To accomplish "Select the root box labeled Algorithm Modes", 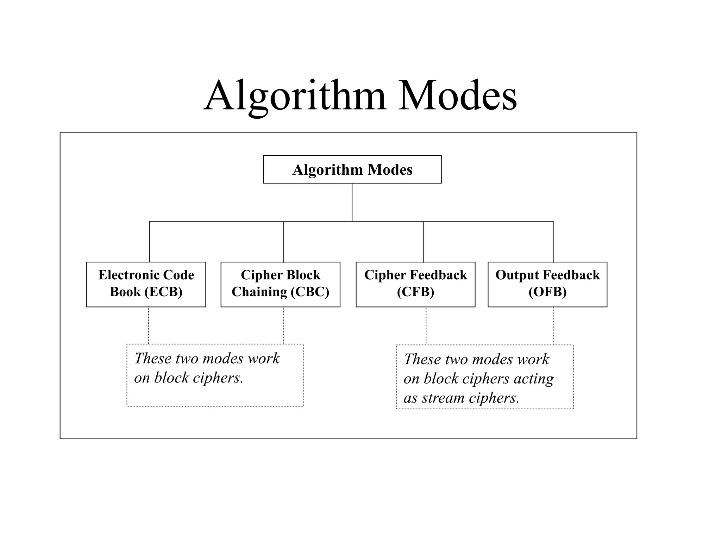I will pos(352,169).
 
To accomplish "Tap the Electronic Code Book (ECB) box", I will pos(146,284).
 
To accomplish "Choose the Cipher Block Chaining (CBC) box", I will pos(280,284).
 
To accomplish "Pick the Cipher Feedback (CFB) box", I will pos(415,284).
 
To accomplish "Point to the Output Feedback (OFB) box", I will pos(547,284).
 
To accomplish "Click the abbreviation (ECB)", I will pos(163,292).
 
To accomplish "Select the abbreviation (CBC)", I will pos(310,292).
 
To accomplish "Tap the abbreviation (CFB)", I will pos(415,292).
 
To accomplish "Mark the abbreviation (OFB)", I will pos(547,292).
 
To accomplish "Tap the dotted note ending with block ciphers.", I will pos(215,375).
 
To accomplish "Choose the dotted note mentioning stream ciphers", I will pos(484,377).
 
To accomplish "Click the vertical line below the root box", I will pos(352,202).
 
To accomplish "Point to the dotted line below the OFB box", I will pos(553,325).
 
